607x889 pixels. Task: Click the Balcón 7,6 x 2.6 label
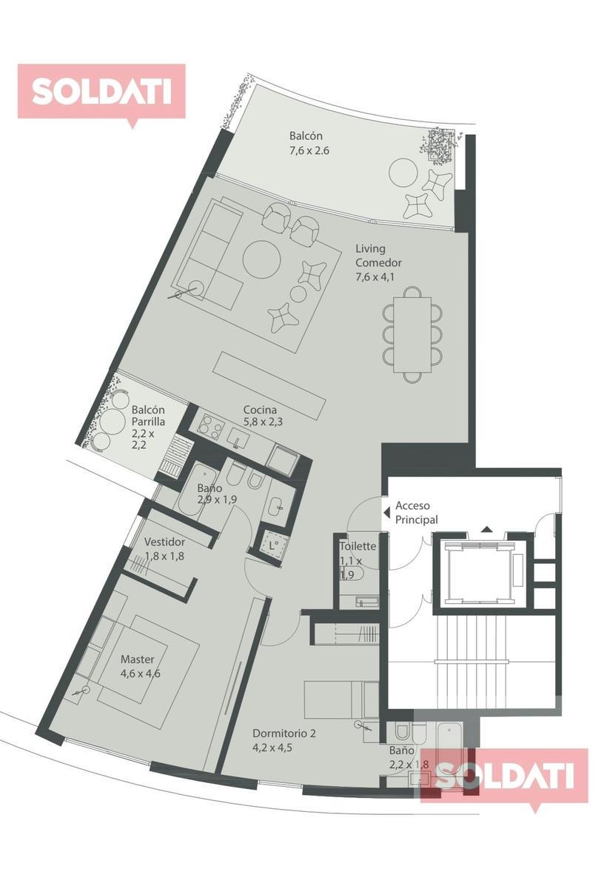click(x=309, y=143)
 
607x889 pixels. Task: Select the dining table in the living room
click(x=412, y=334)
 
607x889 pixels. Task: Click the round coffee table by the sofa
click(x=261, y=260)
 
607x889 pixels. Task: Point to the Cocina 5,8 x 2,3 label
click(x=263, y=416)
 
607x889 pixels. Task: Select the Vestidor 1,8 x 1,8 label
click(x=164, y=549)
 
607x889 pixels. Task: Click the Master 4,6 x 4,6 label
click(x=141, y=666)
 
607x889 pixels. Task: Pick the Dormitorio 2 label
click(x=284, y=733)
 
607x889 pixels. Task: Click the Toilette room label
click(x=358, y=547)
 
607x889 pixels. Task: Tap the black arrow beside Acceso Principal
click(x=386, y=513)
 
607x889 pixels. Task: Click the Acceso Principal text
click(x=416, y=513)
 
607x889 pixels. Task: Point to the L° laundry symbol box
click(x=272, y=546)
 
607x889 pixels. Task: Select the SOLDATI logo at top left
click(x=101, y=92)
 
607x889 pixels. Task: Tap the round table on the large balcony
click(x=403, y=173)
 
